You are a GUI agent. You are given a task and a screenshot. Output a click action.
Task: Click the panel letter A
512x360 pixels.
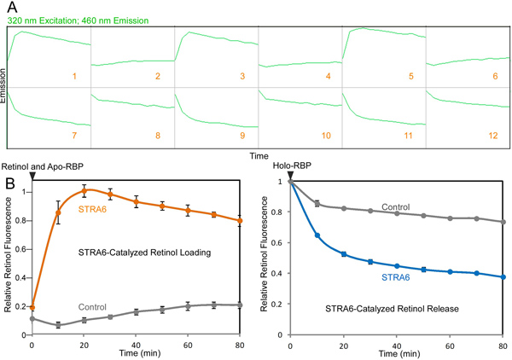10,8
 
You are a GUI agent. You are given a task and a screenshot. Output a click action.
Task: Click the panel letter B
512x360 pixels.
10,183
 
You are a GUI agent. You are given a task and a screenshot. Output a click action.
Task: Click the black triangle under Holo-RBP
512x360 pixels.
291,175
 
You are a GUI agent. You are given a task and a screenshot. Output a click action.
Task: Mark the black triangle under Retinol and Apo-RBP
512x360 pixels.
32,175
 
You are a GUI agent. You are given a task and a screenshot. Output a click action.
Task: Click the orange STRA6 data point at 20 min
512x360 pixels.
84,189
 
